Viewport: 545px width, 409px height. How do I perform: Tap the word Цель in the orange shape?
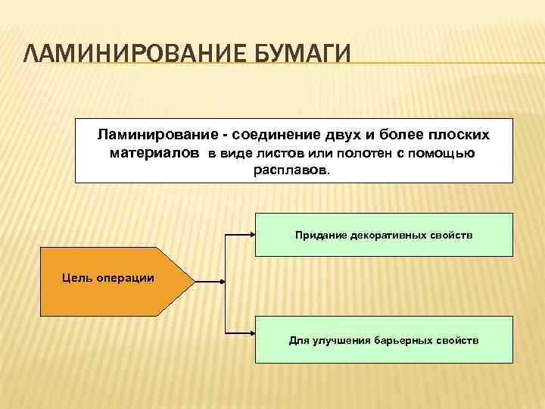[x=76, y=278]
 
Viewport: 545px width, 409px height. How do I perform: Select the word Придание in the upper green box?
[x=321, y=236]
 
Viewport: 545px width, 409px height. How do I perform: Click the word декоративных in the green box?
[x=394, y=236]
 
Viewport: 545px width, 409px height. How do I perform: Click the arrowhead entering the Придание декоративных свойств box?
[x=252, y=236]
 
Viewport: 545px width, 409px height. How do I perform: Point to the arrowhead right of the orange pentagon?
[x=222, y=282]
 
